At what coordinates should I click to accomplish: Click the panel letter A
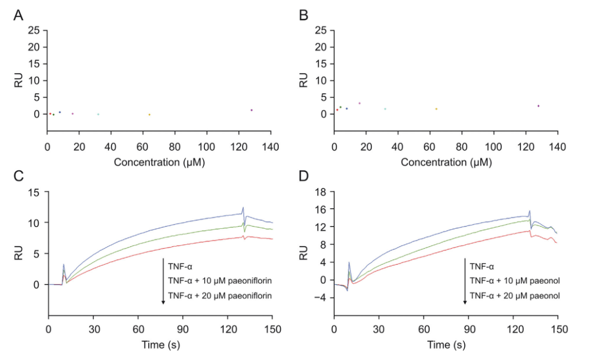pyautogui.click(x=19, y=15)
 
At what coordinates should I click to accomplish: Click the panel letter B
pyautogui.click(x=304, y=15)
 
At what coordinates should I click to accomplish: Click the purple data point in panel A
pyautogui.click(x=251, y=110)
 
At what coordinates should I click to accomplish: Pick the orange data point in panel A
pyautogui.click(x=149, y=115)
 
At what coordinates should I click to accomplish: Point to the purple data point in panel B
pyautogui.click(x=538, y=106)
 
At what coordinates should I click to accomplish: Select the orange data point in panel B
pyautogui.click(x=436, y=109)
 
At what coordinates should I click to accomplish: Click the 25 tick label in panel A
pyautogui.click(x=35, y=30)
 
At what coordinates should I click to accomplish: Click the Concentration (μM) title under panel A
pyautogui.click(x=159, y=162)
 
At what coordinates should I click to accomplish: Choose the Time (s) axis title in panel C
pyautogui.click(x=161, y=345)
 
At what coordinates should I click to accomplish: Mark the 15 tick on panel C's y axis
pyautogui.click(x=35, y=192)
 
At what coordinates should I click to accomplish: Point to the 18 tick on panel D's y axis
pyautogui.click(x=321, y=192)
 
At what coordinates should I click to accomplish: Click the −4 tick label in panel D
pyautogui.click(x=319, y=297)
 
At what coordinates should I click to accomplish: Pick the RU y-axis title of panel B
pyautogui.click(x=303, y=79)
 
